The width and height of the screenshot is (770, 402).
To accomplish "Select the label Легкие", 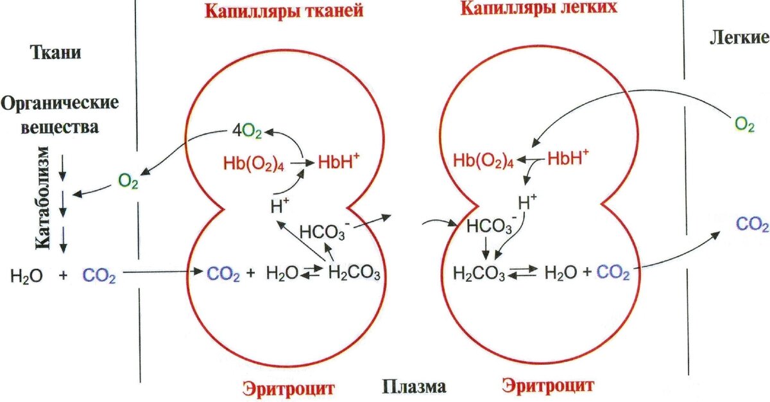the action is pyautogui.click(x=739, y=38).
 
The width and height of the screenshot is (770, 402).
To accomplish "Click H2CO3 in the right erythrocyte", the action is pyautogui.click(x=479, y=274).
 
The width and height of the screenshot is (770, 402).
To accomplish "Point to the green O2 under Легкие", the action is pyautogui.click(x=744, y=124).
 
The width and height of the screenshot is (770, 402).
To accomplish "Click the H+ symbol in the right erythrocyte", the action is pyautogui.click(x=527, y=203).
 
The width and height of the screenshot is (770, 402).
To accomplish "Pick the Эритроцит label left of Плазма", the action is pyautogui.click(x=289, y=387).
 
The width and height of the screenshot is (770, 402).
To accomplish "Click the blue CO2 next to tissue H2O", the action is pyautogui.click(x=99, y=277).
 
